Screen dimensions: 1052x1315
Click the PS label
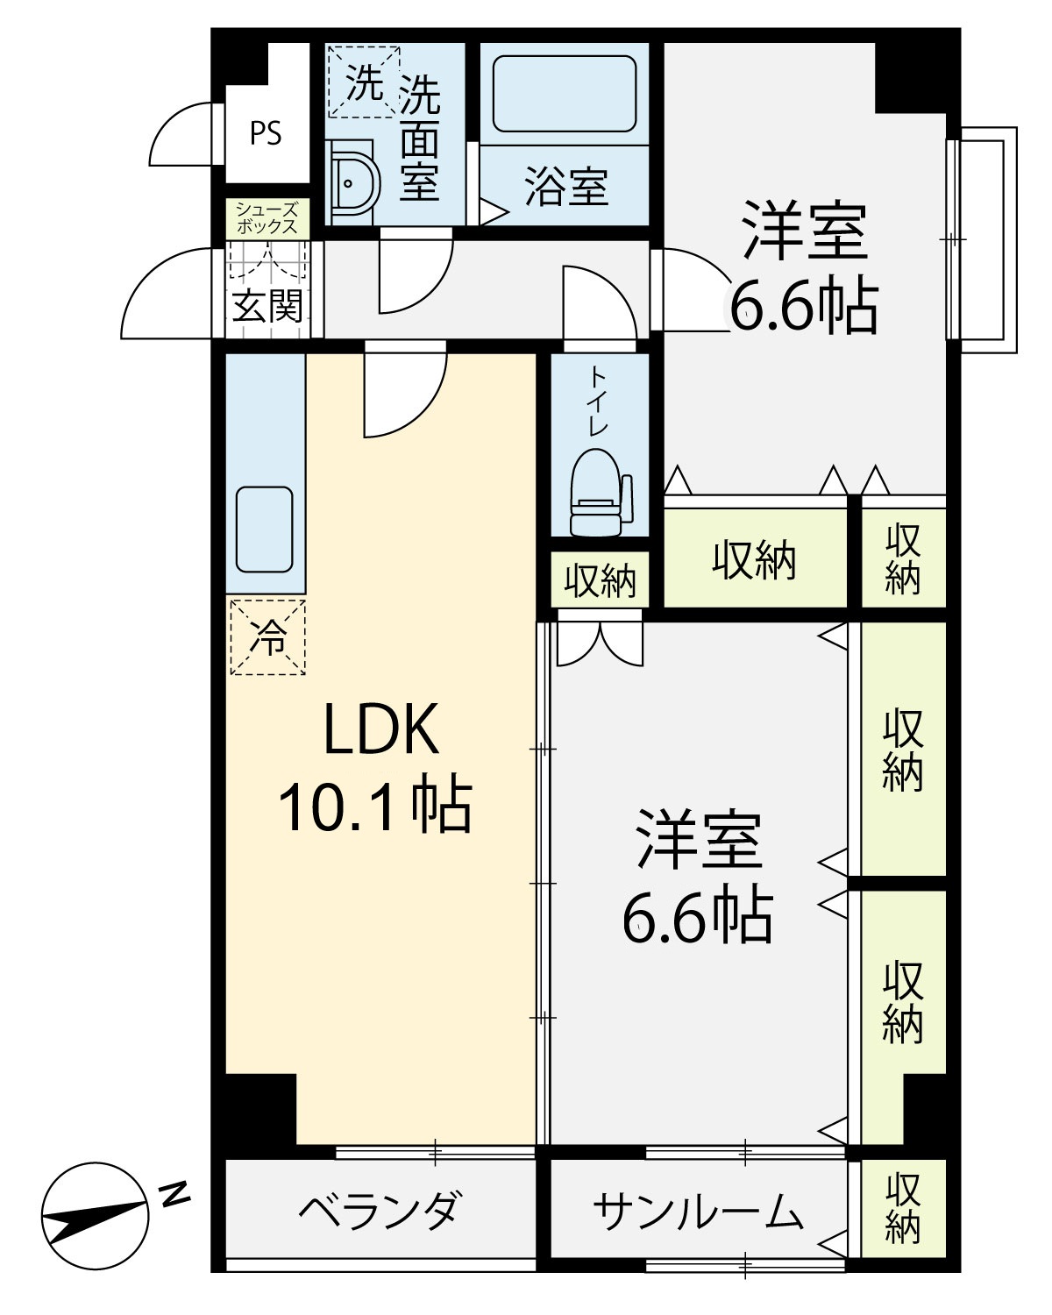click(x=266, y=133)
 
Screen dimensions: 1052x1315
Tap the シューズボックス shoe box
click(x=267, y=219)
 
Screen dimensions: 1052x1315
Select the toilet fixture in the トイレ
click(x=601, y=493)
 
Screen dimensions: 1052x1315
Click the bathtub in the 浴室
click(x=565, y=94)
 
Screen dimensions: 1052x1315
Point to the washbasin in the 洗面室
click(x=352, y=183)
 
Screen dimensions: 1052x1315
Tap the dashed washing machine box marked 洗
click(x=365, y=81)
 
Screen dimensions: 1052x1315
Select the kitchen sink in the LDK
click(x=265, y=530)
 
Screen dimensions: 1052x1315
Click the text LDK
click(x=381, y=729)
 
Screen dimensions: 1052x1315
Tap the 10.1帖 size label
click(x=374, y=806)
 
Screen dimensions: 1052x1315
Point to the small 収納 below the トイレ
click(x=600, y=579)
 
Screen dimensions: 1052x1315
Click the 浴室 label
click(x=566, y=187)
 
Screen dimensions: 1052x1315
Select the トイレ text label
click(x=599, y=402)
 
